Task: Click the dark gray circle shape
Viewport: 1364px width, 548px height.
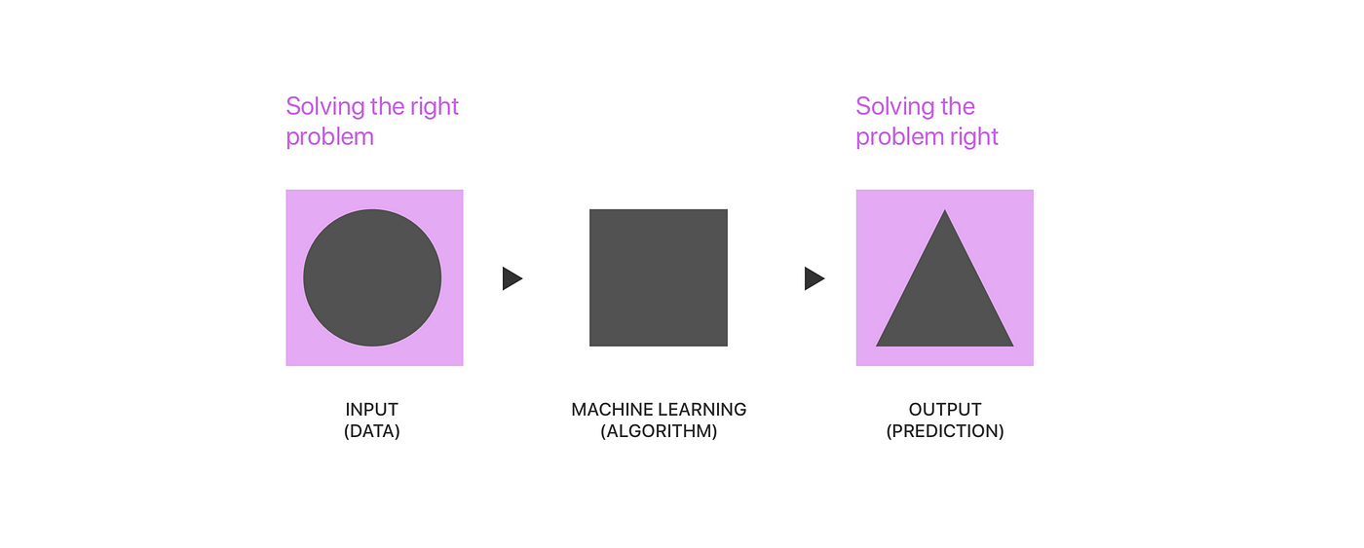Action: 372,278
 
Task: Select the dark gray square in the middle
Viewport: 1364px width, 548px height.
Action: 659,277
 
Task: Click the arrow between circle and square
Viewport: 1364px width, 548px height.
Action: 511,279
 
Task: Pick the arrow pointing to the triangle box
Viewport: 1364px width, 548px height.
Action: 814,279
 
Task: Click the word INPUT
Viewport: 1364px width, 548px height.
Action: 372,410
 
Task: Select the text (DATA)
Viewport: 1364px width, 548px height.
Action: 372,431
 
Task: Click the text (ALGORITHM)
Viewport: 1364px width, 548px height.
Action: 659,431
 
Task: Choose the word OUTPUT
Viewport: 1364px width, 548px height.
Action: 945,410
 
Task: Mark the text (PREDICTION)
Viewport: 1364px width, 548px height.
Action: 945,431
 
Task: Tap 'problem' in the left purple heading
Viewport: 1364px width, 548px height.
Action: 329,137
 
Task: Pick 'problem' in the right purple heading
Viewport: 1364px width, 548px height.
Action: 899,137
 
